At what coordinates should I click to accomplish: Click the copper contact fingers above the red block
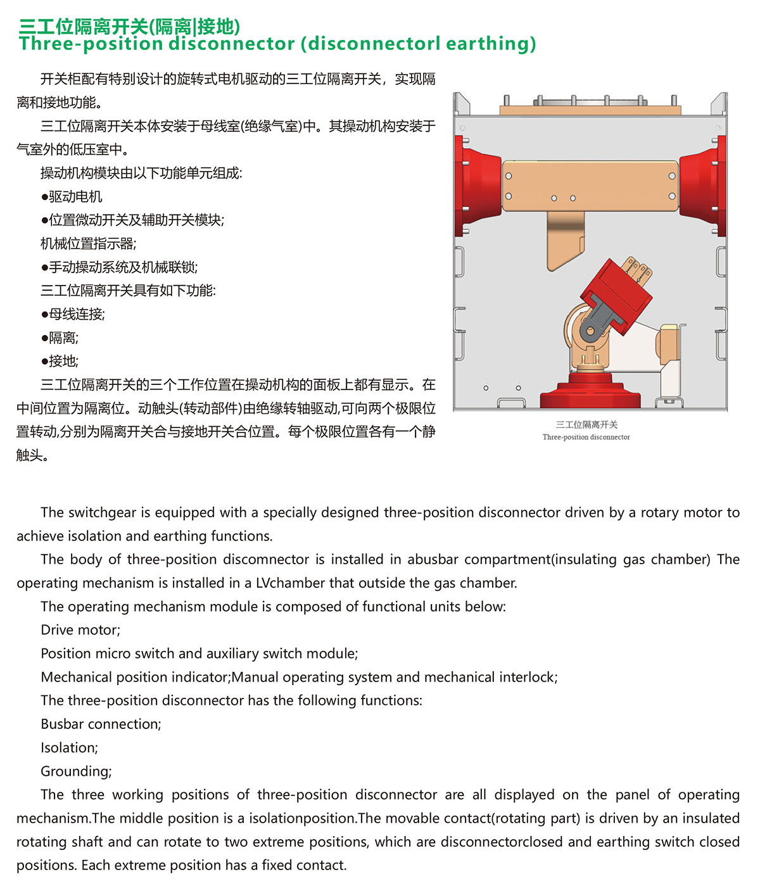pyautogui.click(x=636, y=269)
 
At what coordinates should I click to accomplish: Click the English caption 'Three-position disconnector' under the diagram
pyautogui.click(x=586, y=437)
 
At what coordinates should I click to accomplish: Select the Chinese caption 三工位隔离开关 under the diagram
pyautogui.click(x=586, y=425)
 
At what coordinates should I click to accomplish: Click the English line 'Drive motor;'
pyautogui.click(x=80, y=630)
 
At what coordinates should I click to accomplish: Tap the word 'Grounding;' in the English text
pyautogui.click(x=76, y=771)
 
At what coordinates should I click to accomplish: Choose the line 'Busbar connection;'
pyautogui.click(x=101, y=724)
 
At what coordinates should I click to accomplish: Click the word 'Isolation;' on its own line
pyautogui.click(x=69, y=748)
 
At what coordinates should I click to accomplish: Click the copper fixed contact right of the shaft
pyautogui.click(x=668, y=345)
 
